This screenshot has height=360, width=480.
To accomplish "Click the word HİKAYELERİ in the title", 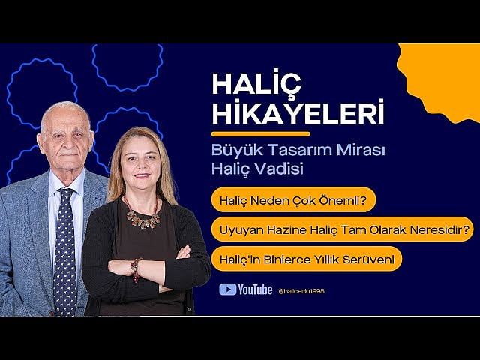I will click(298, 114).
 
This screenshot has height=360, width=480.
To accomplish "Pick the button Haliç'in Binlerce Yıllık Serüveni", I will click(306, 259).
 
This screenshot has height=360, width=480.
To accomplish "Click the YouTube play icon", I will click(227, 289).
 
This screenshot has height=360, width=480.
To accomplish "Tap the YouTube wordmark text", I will click(256, 289).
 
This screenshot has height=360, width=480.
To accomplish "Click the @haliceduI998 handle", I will click(301, 290).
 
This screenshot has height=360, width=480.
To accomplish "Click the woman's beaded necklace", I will click(142, 219).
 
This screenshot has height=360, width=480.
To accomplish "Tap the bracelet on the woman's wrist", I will click(136, 267).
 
